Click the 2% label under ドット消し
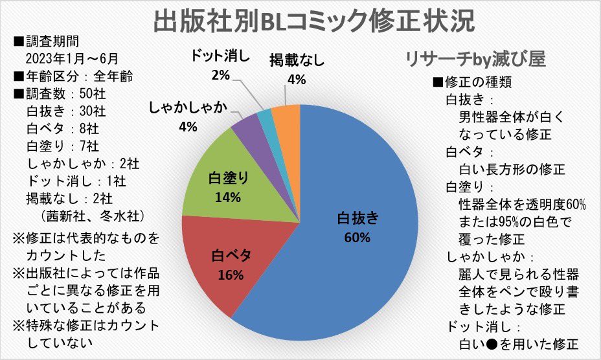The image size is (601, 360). (x=221, y=76)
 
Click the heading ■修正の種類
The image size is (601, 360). (x=473, y=84)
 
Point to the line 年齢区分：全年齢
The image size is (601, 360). (x=73, y=76)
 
